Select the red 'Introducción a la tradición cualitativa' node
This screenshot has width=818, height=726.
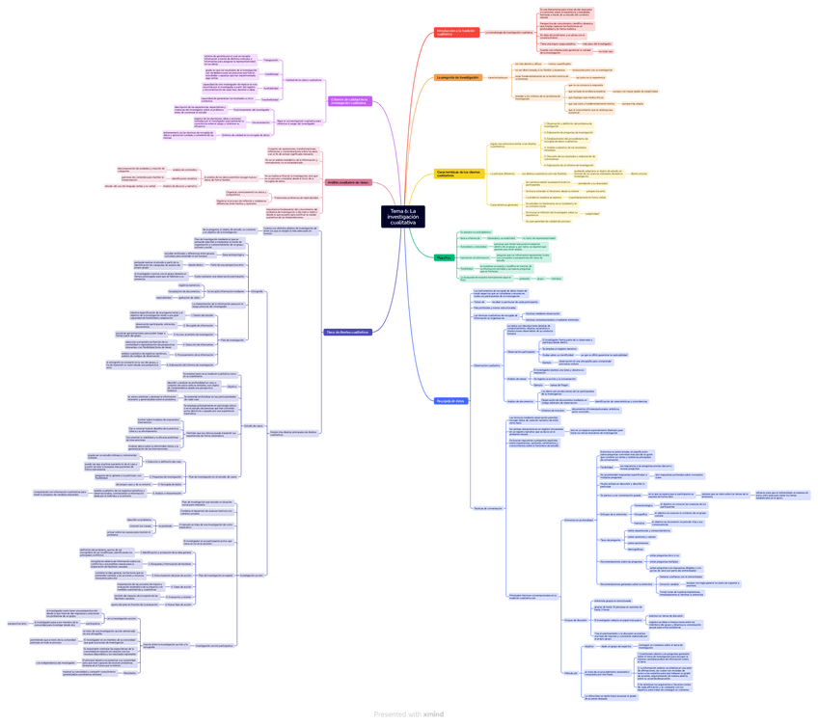pyautogui.click(x=456, y=32)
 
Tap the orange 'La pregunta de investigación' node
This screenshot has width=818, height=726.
pyautogui.click(x=458, y=77)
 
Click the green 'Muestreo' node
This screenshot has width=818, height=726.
pyautogui.click(x=445, y=257)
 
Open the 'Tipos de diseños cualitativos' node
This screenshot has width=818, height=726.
pyautogui.click(x=347, y=332)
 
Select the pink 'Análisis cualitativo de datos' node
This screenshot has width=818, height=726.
pyautogui.click(x=348, y=182)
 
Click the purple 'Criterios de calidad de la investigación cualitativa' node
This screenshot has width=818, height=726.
pyautogui.click(x=350, y=101)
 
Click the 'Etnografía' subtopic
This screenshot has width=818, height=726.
pyautogui.click(x=257, y=291)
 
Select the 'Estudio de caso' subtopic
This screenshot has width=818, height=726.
pyautogui.click(x=254, y=425)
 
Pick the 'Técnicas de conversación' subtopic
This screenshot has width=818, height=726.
pyautogui.click(x=488, y=508)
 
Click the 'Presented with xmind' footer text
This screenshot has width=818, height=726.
pyautogui.click(x=409, y=713)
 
